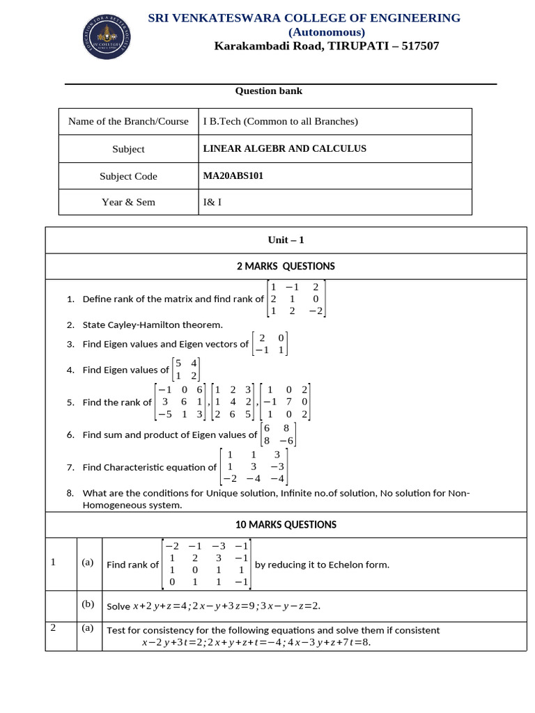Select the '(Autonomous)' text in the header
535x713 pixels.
click(x=327, y=32)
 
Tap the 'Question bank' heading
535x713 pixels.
click(x=268, y=91)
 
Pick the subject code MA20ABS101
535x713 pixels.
click(x=233, y=176)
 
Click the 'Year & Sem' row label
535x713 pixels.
click(x=128, y=202)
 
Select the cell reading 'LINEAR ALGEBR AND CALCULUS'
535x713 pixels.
click(x=284, y=148)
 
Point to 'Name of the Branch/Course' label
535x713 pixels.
click(x=128, y=121)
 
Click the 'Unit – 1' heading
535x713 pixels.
click(x=286, y=240)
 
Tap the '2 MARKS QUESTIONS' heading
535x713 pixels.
click(x=286, y=266)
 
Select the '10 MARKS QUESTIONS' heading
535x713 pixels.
click(x=286, y=525)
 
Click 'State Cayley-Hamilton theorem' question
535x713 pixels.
click(x=153, y=324)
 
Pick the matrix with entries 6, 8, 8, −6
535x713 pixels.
click(x=278, y=434)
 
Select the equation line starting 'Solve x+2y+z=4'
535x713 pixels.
click(x=213, y=606)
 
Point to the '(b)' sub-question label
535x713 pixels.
click(x=88, y=604)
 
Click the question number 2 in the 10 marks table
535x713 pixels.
click(x=53, y=627)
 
